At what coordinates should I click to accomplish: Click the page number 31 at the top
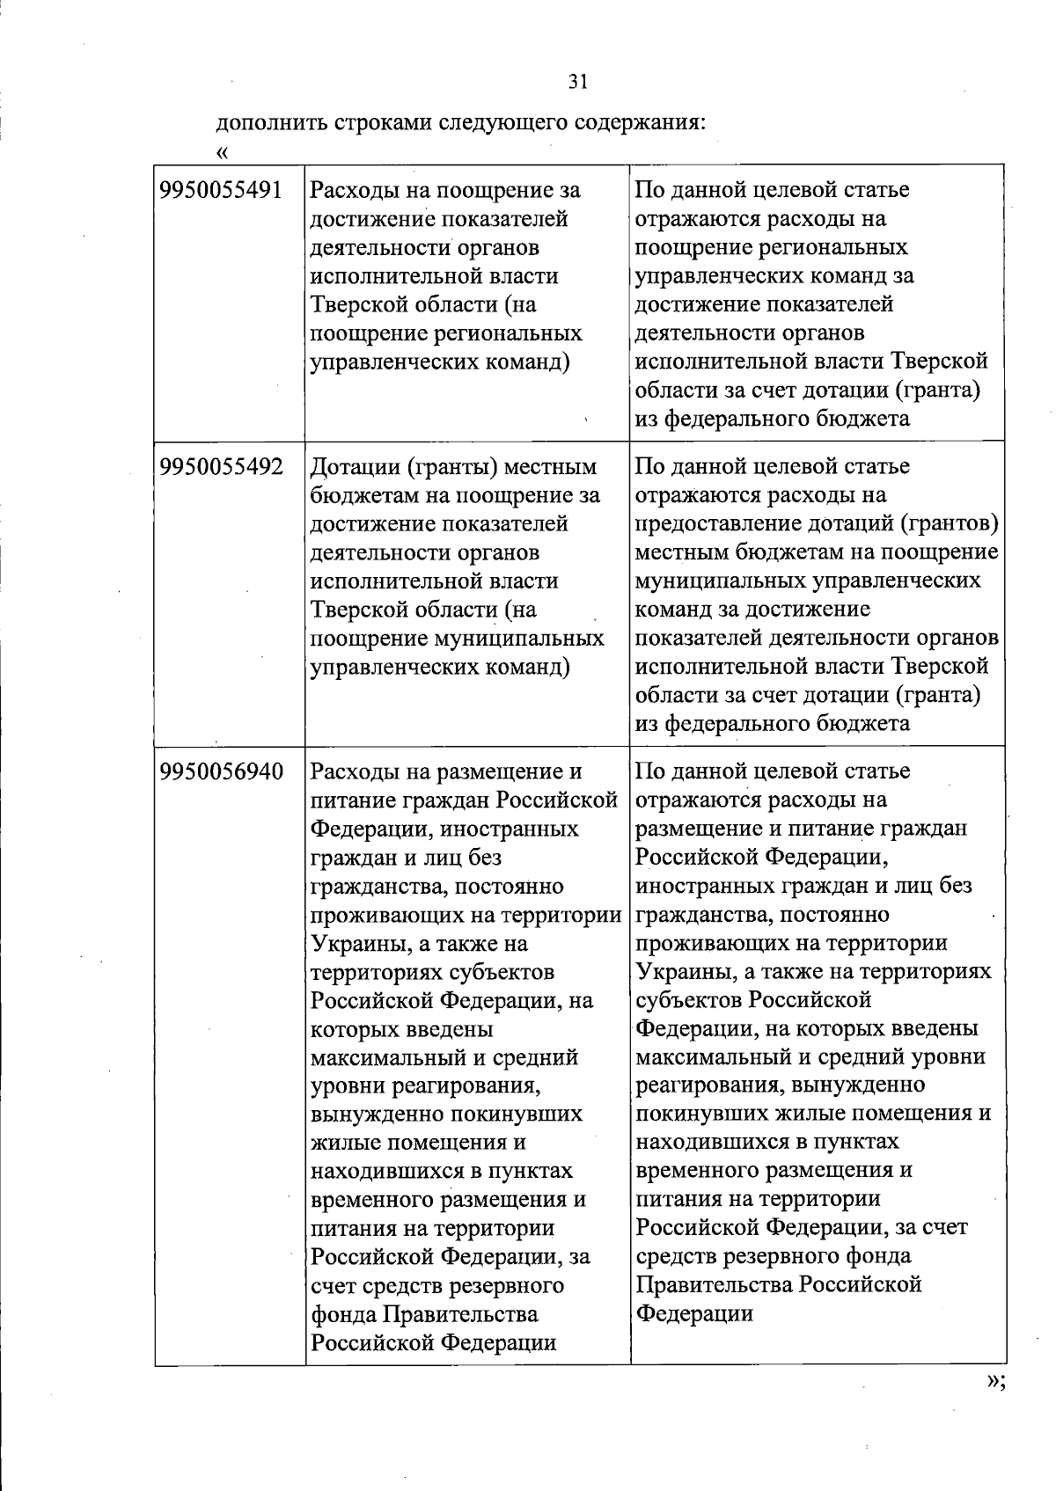577,82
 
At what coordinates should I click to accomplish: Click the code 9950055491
221,190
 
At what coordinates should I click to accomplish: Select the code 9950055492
221,466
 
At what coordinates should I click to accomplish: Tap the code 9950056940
221,771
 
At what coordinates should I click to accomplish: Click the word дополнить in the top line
269,122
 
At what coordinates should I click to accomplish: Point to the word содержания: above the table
640,122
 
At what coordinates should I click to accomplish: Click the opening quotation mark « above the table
223,152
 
